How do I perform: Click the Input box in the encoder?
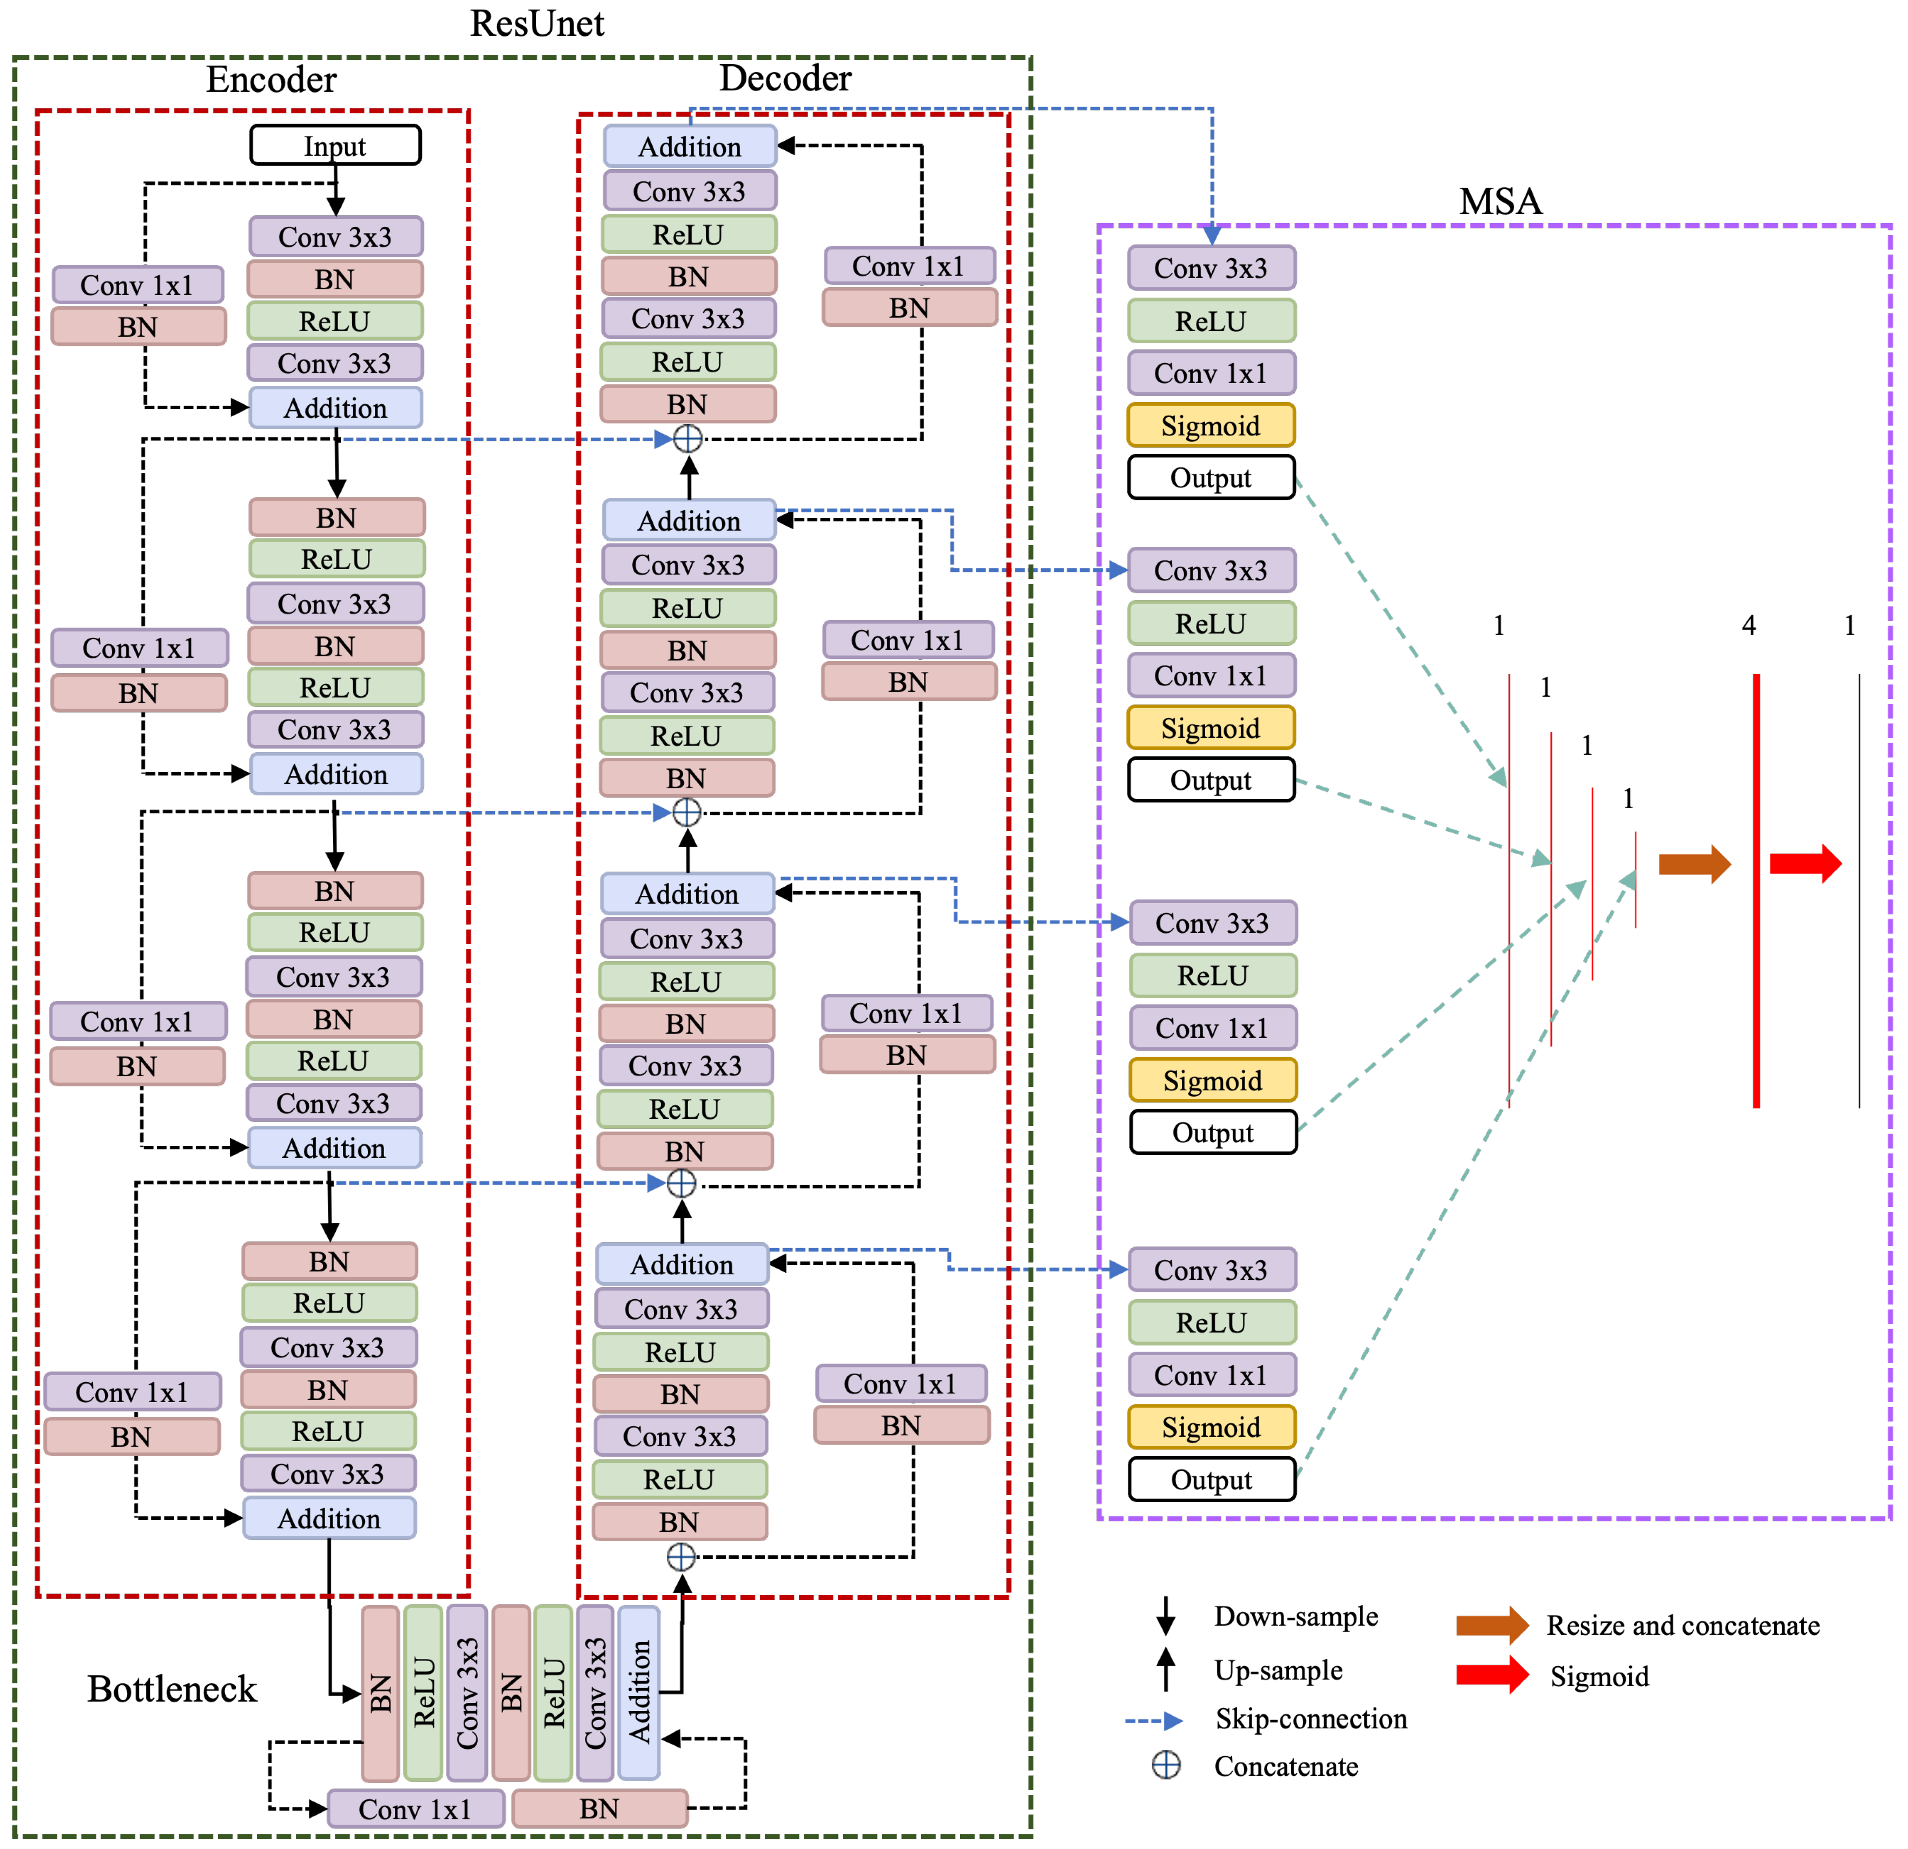(x=335, y=145)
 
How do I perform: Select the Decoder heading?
(x=785, y=78)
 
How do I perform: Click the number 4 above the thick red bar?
(x=1748, y=626)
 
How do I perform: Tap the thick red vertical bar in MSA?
(x=1756, y=891)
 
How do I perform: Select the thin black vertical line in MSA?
(x=1858, y=891)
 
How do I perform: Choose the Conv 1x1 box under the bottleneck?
(x=416, y=1808)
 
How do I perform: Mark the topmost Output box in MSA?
(x=1211, y=478)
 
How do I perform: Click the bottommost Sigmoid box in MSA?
(x=1211, y=1426)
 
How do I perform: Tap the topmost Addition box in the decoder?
(x=689, y=146)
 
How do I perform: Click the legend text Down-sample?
(x=1296, y=1616)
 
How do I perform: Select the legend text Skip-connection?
(x=1310, y=1719)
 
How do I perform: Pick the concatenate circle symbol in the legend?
(x=1166, y=1765)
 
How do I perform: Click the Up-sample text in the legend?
(x=1278, y=1670)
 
